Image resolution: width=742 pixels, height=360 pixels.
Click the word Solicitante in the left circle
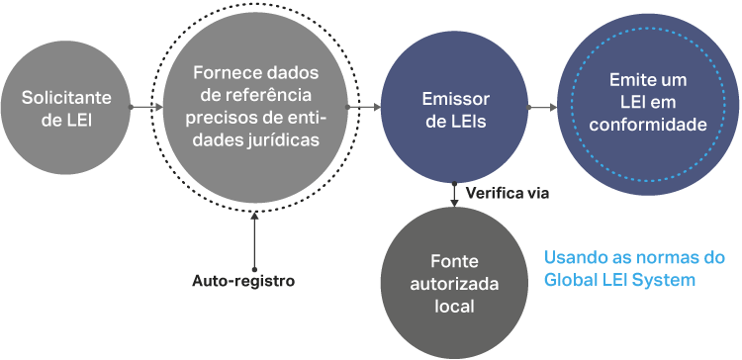[66, 98]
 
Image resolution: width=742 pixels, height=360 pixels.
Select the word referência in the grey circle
[267, 96]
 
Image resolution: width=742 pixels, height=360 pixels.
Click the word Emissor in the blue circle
[455, 100]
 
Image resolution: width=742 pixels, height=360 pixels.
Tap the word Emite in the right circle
[625, 80]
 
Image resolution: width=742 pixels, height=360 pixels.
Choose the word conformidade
[648, 125]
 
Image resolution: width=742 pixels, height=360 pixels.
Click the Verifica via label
[508, 194]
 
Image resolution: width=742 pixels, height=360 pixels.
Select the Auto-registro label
[243, 281]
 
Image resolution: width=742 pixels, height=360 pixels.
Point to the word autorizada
[454, 284]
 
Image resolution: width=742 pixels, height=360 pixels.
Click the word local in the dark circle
[454, 307]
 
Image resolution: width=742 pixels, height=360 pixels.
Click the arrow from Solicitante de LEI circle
[146, 108]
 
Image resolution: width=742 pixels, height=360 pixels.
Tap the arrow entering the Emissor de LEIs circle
[363, 108]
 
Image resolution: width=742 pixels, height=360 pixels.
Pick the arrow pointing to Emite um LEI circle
[542, 108]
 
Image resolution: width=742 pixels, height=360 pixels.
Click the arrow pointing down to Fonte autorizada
[454, 195]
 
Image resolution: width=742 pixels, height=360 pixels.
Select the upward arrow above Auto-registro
[254, 240]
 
